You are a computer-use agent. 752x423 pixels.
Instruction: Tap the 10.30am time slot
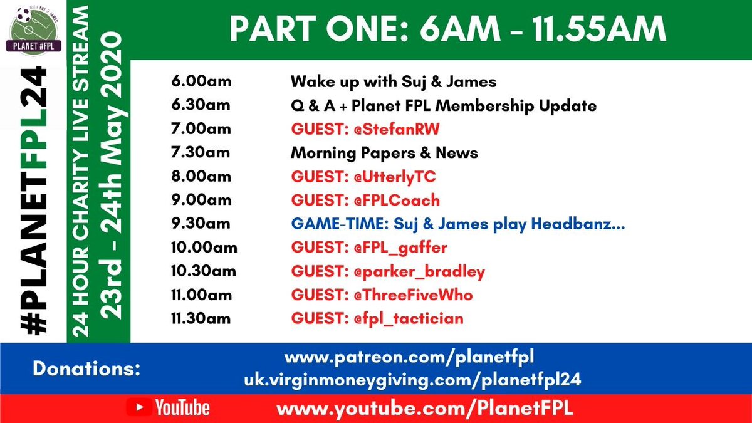[x=203, y=271]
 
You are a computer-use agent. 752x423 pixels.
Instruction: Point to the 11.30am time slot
[x=201, y=319]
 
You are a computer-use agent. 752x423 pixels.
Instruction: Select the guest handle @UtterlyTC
[x=390, y=177]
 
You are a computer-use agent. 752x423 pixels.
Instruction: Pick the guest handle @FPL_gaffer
[x=396, y=248]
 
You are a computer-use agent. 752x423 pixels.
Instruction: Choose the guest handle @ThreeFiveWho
[x=409, y=295]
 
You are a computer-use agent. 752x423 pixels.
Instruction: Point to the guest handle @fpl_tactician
[x=404, y=319]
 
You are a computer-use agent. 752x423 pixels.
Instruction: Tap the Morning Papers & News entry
[x=384, y=153]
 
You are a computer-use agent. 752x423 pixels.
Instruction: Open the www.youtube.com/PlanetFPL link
[x=425, y=409]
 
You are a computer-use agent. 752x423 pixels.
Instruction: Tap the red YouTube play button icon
[x=139, y=409]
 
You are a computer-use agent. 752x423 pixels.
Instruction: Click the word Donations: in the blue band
[x=86, y=368]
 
